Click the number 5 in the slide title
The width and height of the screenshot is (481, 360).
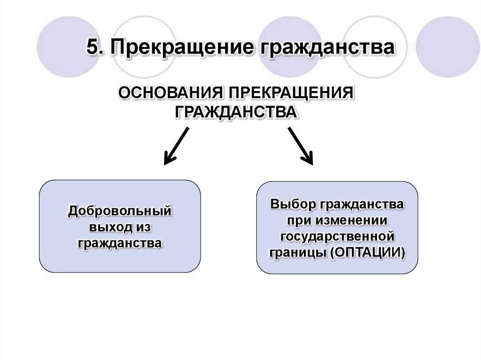pyautogui.click(x=92, y=48)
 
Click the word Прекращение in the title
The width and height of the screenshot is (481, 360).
pyautogui.click(x=181, y=49)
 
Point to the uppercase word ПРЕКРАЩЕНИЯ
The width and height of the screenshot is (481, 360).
pyautogui.click(x=290, y=93)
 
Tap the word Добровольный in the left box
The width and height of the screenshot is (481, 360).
pyautogui.click(x=119, y=211)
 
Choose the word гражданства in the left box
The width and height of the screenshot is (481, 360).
pyautogui.click(x=120, y=243)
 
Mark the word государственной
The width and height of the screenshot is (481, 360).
pyautogui.click(x=337, y=236)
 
